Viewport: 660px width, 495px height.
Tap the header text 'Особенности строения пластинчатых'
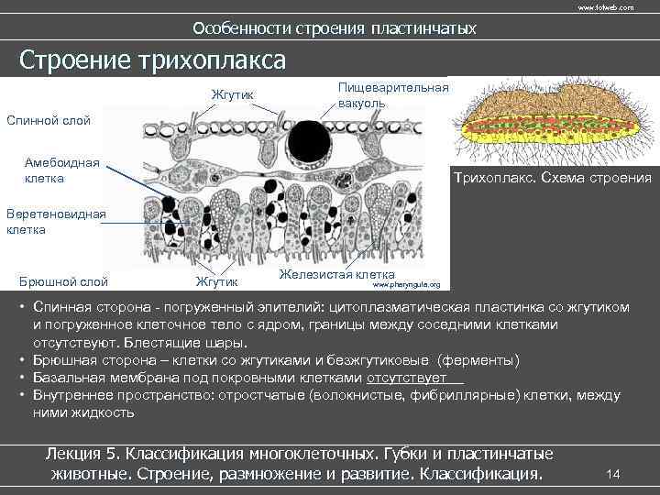click(x=335, y=28)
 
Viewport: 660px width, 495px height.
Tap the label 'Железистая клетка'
click(x=337, y=274)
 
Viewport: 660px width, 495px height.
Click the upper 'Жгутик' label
click(x=233, y=95)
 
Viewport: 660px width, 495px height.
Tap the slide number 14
click(x=614, y=473)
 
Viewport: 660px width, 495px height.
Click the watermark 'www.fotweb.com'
click(x=605, y=7)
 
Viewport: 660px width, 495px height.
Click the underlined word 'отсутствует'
click(x=406, y=377)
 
